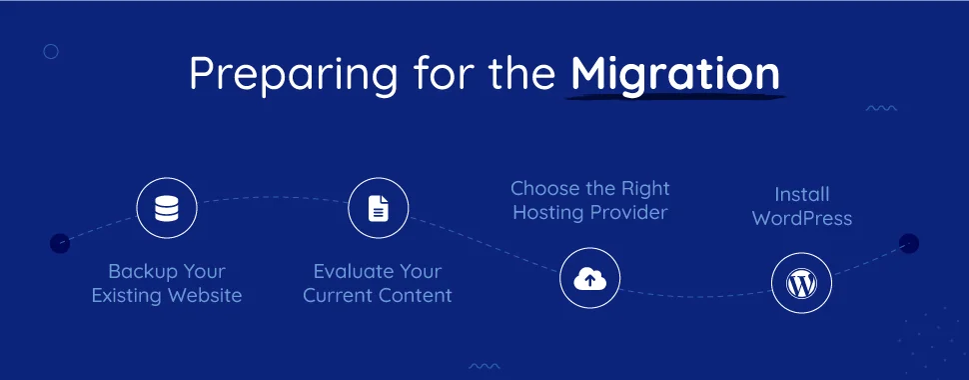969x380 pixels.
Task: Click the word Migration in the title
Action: (x=675, y=74)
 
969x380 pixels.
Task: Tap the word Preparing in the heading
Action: (x=263, y=76)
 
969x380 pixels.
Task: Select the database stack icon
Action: (x=166, y=209)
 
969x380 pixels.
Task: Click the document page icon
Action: (x=378, y=209)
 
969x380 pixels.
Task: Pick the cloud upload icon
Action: (x=589, y=280)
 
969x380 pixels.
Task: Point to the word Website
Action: (x=204, y=296)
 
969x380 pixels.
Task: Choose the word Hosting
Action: (x=544, y=212)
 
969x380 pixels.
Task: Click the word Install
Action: (x=802, y=194)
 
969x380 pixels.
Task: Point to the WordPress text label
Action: (x=802, y=218)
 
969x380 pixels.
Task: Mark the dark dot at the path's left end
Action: (x=60, y=243)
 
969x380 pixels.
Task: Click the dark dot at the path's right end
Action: (x=908, y=243)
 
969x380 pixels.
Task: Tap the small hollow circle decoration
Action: (x=51, y=51)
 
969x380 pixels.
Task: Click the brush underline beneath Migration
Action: (x=676, y=97)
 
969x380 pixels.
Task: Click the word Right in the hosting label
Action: (x=644, y=188)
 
